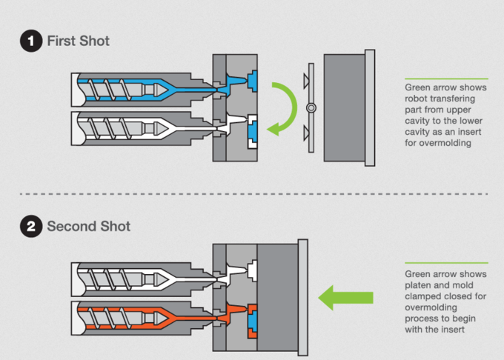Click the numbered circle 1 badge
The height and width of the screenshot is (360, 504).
click(30, 41)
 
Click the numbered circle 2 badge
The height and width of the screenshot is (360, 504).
click(30, 227)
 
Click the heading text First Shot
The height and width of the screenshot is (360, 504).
click(78, 41)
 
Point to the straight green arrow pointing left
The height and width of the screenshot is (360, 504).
click(346, 299)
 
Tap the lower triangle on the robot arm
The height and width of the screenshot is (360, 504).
click(306, 134)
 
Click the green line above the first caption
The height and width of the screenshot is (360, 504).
click(446, 78)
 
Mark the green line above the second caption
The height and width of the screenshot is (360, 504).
click(446, 263)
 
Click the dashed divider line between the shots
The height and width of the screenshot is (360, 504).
click(252, 193)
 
